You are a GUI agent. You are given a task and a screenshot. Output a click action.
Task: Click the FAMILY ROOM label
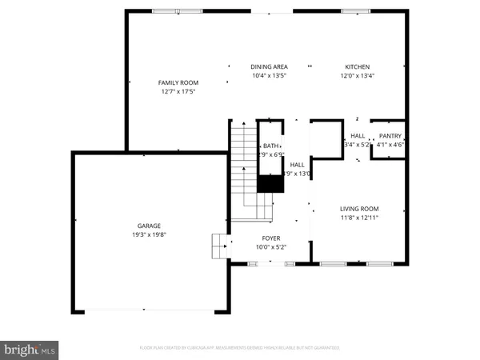pyautogui.click(x=178, y=82)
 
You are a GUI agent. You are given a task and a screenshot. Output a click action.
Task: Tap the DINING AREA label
pyautogui.click(x=269, y=66)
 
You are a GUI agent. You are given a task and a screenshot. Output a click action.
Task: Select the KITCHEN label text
pyautogui.click(x=357, y=66)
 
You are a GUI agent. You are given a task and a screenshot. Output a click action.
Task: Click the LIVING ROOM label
pyautogui.click(x=358, y=209)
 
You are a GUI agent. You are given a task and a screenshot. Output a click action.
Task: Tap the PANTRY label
pyautogui.click(x=390, y=136)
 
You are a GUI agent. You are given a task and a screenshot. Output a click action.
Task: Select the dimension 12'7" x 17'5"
pyautogui.click(x=178, y=91)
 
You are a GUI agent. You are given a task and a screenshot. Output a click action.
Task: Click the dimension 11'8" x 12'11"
pyautogui.click(x=358, y=218)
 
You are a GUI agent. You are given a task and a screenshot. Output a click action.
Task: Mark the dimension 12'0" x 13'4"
pyautogui.click(x=357, y=76)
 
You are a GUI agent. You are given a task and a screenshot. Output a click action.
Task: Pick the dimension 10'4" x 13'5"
pyautogui.click(x=269, y=76)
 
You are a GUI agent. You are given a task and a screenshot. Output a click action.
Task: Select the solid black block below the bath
pyautogui.click(x=270, y=183)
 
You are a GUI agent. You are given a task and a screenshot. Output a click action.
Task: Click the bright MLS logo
pyautogui.click(x=30, y=349)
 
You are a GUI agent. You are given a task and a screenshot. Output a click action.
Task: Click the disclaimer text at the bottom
pyautogui.click(x=240, y=348)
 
